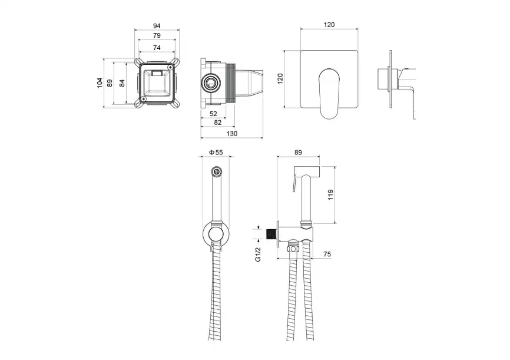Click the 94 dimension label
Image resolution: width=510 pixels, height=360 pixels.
[x=157, y=26]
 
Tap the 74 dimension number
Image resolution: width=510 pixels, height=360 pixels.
[x=157, y=47]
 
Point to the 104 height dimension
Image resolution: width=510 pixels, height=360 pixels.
[x=100, y=83]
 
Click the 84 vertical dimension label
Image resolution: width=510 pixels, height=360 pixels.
[x=122, y=83]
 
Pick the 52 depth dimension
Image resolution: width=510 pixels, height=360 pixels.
[x=213, y=113]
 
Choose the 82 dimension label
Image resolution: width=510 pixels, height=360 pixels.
[x=218, y=123]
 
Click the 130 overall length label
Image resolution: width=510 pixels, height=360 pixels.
[x=232, y=134]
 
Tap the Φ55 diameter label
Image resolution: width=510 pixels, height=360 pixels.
[x=216, y=153]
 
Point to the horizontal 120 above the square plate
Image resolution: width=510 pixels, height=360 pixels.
[x=329, y=25]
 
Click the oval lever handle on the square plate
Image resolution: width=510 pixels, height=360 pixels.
[x=329, y=91]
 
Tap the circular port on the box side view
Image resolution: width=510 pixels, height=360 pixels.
[x=210, y=82]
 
